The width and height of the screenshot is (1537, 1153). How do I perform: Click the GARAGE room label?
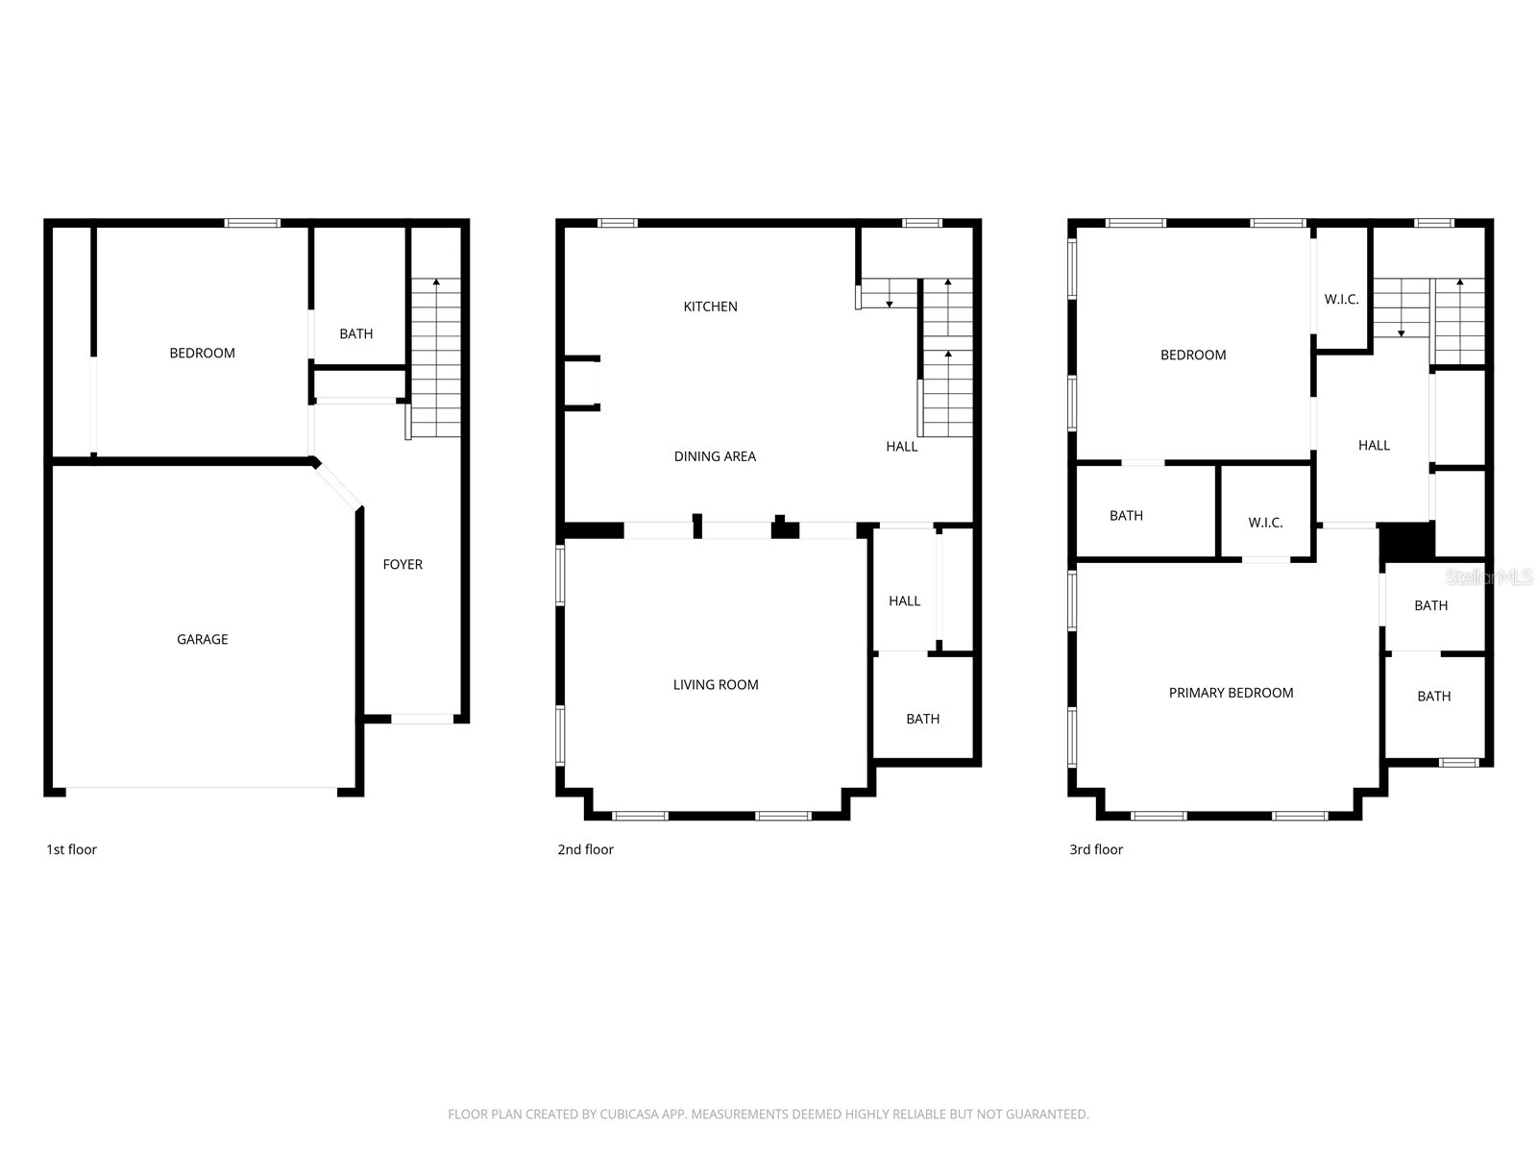202,639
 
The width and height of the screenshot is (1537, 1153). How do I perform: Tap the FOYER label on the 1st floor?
403,564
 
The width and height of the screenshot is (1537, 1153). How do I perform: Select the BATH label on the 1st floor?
355,333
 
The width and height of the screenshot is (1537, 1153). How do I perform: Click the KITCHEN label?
710,307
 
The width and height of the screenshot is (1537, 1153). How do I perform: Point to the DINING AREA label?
715,456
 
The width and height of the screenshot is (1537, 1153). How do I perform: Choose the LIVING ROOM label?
716,684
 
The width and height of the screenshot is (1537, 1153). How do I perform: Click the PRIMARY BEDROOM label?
1231,693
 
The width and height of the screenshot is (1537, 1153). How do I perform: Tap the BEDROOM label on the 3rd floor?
1193,355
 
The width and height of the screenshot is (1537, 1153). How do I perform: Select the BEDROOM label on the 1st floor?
202,353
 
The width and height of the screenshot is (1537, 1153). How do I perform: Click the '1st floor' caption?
72,849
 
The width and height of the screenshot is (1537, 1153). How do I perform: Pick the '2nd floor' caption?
585,849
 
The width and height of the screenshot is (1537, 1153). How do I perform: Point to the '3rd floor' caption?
1096,849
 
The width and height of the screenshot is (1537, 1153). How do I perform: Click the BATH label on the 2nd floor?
922,719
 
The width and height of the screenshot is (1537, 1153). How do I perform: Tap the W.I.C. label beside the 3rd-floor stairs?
1341,299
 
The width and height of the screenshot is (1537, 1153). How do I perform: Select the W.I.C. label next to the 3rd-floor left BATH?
1265,523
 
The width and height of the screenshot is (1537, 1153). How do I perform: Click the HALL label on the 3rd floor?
1374,445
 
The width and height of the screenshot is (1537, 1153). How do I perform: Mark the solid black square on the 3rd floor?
1406,542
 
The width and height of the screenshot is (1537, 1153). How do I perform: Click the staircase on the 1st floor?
436,357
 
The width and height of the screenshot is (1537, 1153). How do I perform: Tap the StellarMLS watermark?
1488,577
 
